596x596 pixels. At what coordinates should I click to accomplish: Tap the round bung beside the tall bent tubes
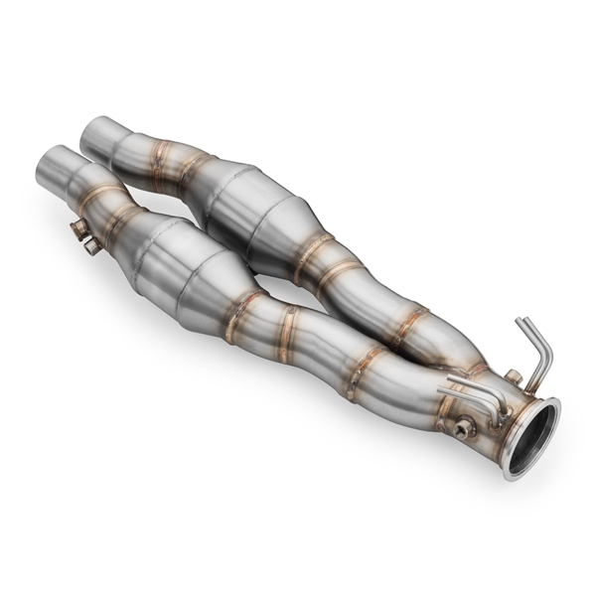[x=512, y=375]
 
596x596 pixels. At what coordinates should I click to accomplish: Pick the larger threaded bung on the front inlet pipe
[x=78, y=229]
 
